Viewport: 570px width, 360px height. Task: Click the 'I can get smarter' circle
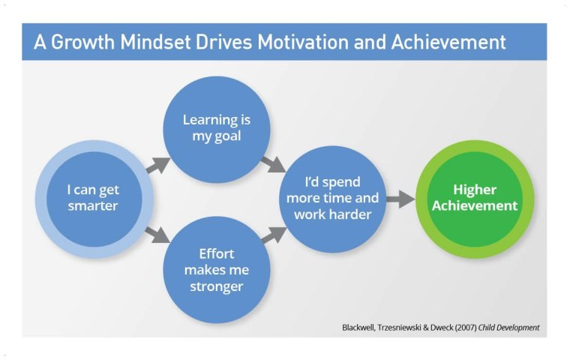93,199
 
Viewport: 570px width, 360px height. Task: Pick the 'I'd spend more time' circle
332,198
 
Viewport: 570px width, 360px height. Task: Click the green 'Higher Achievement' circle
474,198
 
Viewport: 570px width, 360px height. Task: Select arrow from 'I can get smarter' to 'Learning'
157,165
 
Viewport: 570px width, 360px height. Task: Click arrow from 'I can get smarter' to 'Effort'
157,234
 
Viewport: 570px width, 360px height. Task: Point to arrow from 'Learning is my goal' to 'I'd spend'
272,163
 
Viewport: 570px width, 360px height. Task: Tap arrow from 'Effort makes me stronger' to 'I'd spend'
273,235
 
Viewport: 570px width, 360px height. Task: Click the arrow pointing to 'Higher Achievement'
401,199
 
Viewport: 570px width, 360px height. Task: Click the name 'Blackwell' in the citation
361,328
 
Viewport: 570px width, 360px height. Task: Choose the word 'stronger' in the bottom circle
216,286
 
